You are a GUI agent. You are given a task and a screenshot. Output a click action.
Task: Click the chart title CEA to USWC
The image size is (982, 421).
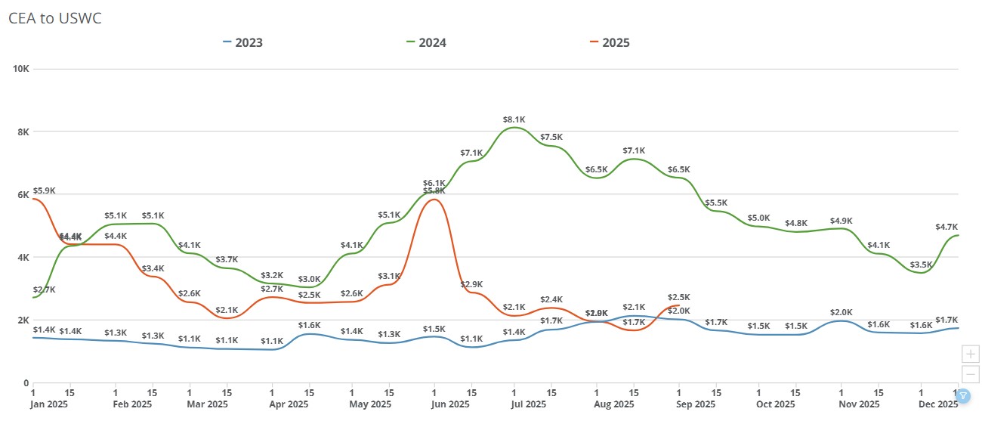pos(54,19)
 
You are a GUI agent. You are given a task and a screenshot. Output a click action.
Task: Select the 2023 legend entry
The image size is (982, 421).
pos(243,42)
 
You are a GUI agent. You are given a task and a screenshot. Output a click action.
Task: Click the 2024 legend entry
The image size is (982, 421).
pos(426,42)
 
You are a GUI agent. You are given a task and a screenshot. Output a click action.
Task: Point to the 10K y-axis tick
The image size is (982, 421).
pos(20,69)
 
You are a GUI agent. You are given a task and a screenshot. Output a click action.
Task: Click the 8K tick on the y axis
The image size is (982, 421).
pos(23,132)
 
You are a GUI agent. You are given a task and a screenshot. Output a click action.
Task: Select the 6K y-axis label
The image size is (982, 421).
pos(23,194)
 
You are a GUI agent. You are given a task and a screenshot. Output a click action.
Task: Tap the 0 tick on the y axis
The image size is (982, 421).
pos(26,383)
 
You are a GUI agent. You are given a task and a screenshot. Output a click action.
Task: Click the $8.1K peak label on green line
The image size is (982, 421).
pos(514,119)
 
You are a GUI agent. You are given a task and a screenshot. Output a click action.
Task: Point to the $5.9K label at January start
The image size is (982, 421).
pos(44,190)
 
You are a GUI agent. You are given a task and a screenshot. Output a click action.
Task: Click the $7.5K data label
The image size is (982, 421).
pos(551,137)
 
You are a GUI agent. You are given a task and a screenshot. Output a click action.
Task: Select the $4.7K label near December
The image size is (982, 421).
pos(946,227)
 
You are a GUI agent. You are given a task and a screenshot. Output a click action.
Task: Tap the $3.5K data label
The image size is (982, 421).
pos(921,265)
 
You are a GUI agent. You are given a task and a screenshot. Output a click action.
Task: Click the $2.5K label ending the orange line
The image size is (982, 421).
pos(679,297)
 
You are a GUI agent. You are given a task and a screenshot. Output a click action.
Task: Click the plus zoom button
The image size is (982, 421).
pos(970,354)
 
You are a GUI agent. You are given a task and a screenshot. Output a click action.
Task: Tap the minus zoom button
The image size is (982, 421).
pos(970,374)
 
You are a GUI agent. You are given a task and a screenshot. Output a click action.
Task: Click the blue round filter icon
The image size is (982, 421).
pos(963,395)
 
